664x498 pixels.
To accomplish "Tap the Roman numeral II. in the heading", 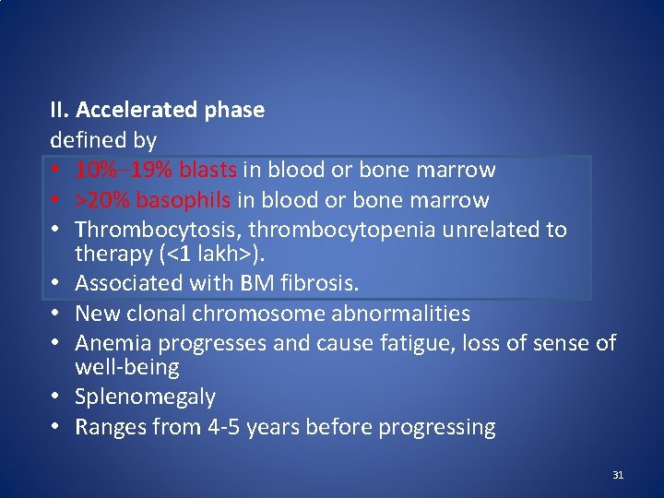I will click(x=60, y=111).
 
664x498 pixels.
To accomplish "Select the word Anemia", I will click(x=112, y=344).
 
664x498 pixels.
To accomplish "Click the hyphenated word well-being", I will click(x=127, y=368).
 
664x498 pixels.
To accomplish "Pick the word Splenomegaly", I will click(x=146, y=397).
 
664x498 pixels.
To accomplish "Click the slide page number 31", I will click(x=618, y=475).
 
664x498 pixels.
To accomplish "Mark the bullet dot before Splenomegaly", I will click(x=56, y=398).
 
